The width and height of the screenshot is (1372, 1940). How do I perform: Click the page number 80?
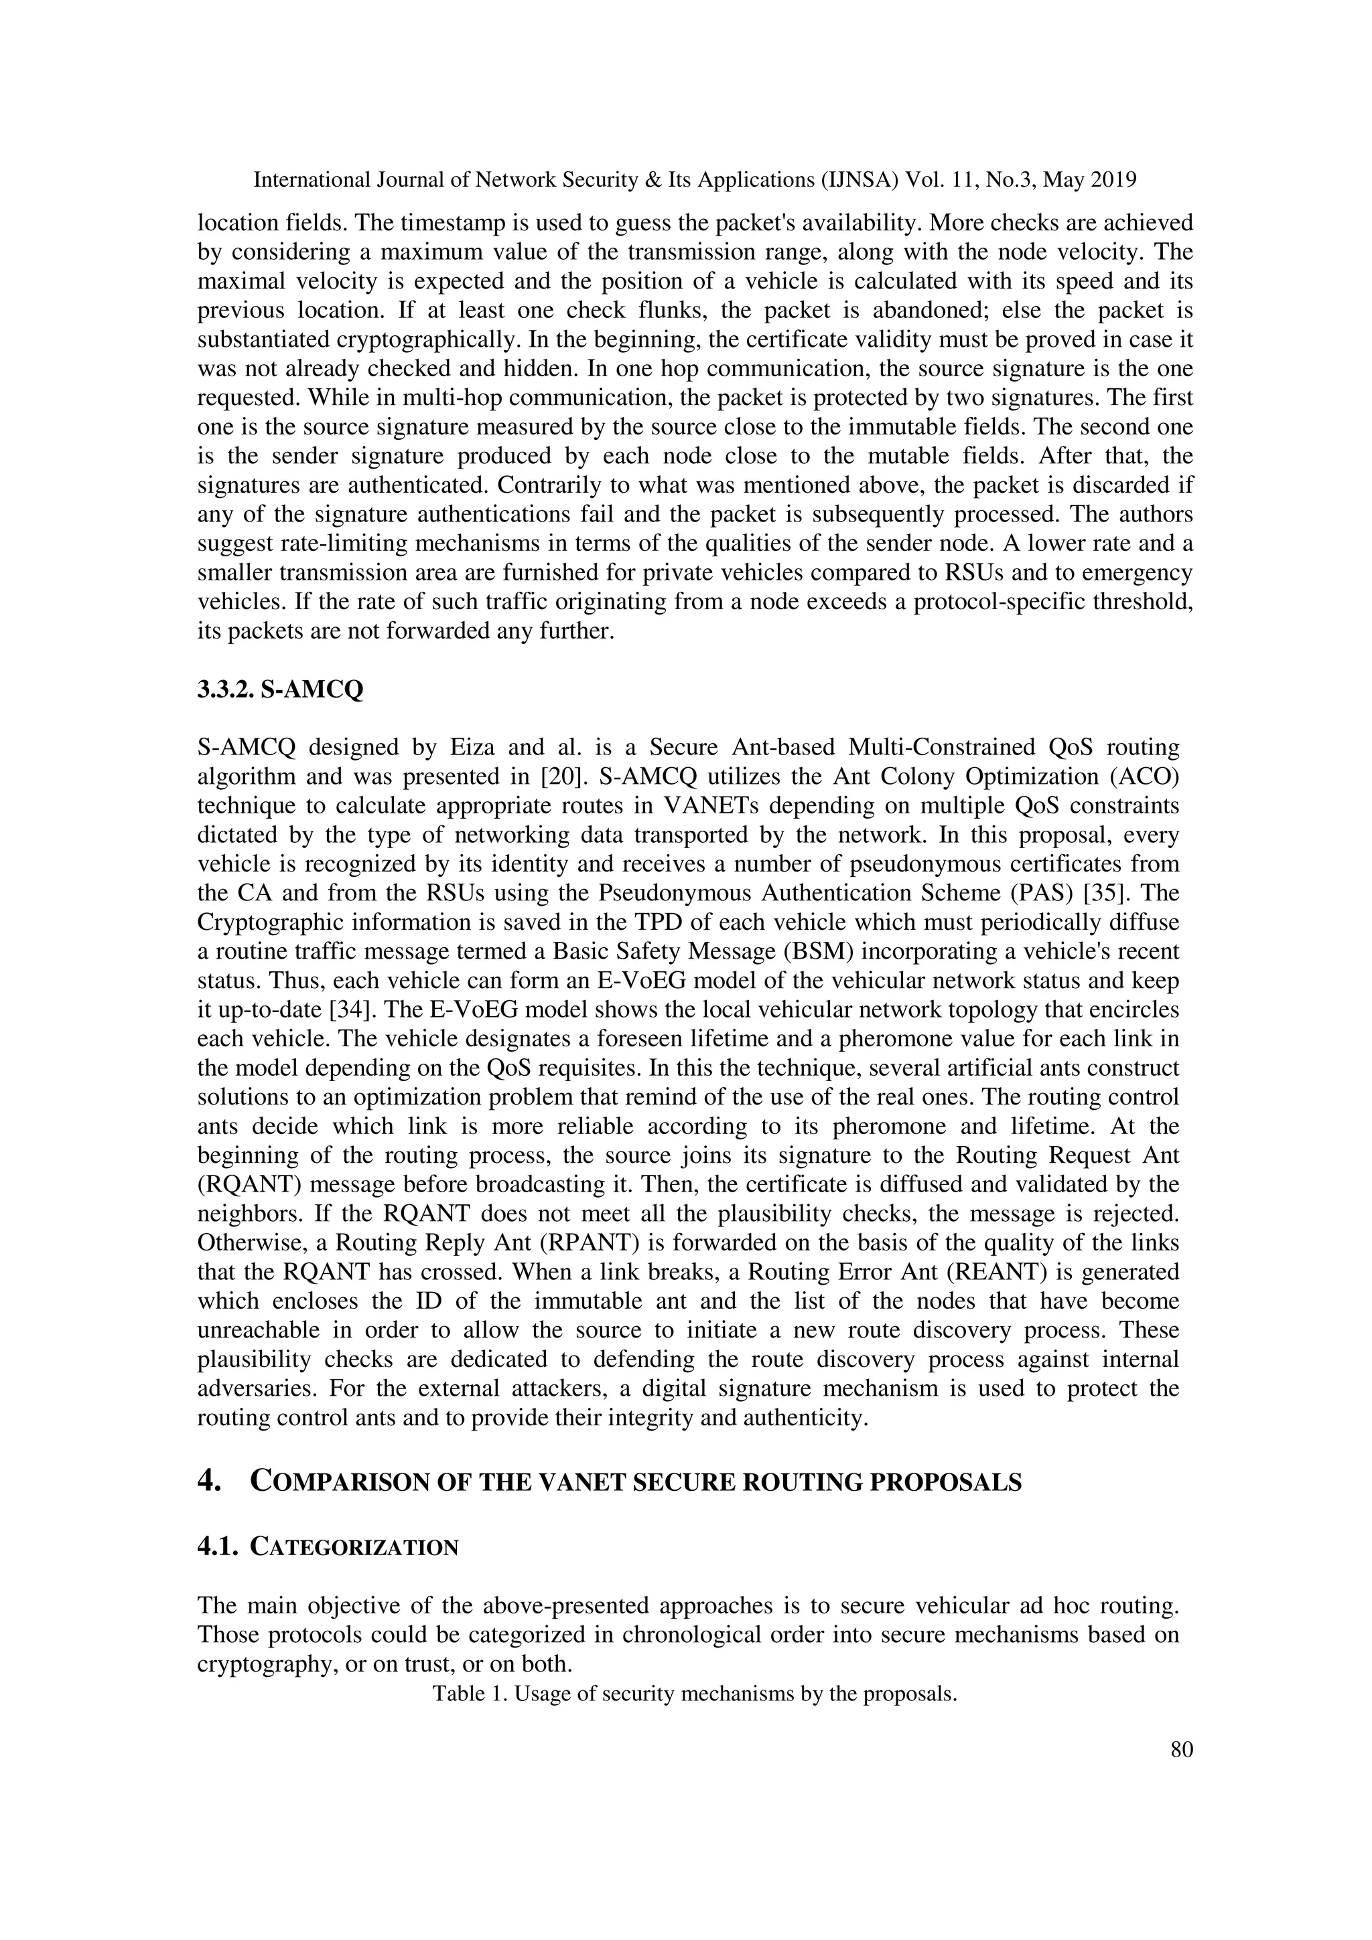[x=1181, y=1749]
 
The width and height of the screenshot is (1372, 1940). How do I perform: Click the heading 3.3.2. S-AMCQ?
[x=280, y=690]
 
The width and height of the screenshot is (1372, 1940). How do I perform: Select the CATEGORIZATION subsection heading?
[x=355, y=1547]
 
